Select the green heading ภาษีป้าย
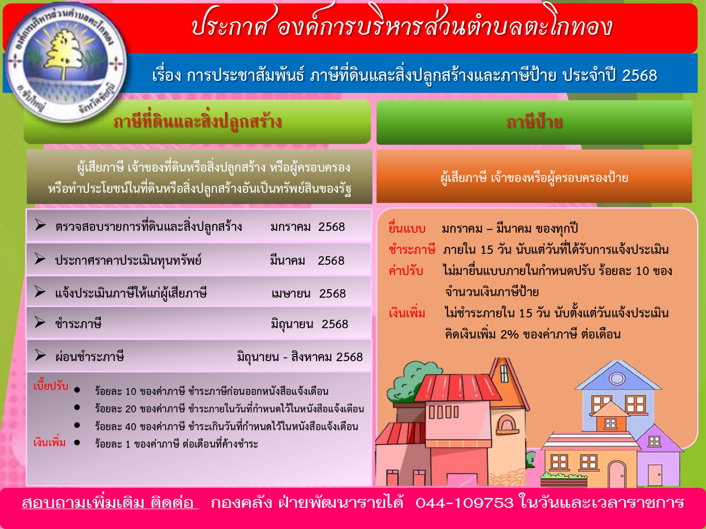[x=534, y=122]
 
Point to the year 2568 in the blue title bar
[x=640, y=76]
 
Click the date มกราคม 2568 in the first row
[x=307, y=227]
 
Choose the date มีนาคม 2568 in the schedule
[x=307, y=260]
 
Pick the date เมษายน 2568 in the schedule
[x=308, y=293]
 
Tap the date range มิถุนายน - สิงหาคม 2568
[x=300, y=357]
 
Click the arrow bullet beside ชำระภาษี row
[x=40, y=322]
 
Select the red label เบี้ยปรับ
[x=51, y=386]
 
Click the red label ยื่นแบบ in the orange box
[x=407, y=229]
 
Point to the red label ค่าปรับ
[x=406, y=271]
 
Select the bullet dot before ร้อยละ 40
[x=77, y=425]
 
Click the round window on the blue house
[x=617, y=378]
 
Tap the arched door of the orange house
[x=617, y=474]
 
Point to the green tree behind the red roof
[x=409, y=380]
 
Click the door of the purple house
[x=655, y=475]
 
